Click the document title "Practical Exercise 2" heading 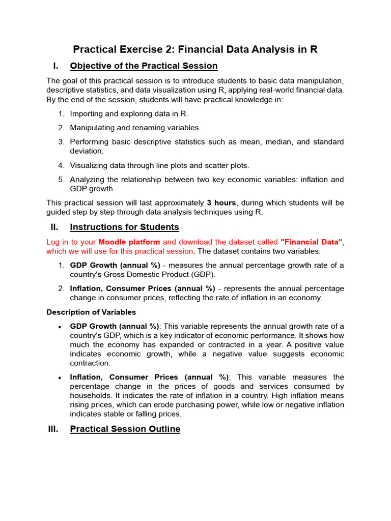point(195,49)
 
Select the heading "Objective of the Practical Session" point(144,66)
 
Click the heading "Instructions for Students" point(124,227)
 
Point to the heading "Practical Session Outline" point(125,429)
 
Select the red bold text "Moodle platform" point(129,242)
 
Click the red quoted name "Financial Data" point(311,242)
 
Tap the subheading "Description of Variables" point(91,312)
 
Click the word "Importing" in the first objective point(87,113)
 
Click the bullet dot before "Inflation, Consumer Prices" point(61,378)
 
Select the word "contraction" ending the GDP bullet point(90,363)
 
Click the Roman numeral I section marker point(55,66)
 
